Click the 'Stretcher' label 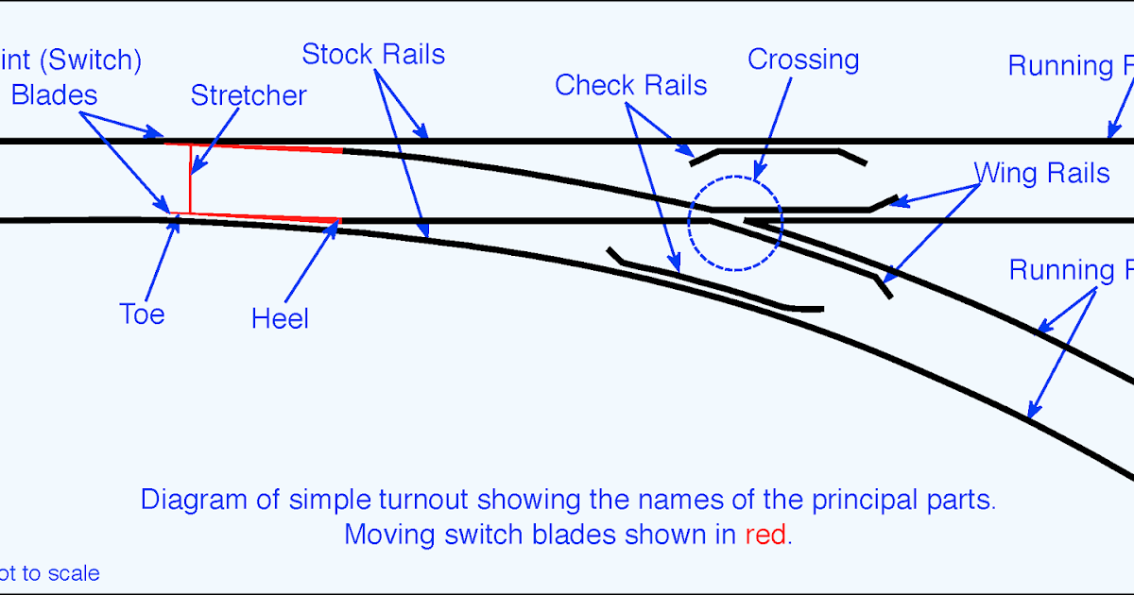click(249, 95)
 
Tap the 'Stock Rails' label click(373, 54)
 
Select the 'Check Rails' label click(630, 85)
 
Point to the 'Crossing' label click(803, 59)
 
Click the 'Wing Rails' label click(1041, 173)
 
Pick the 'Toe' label click(142, 314)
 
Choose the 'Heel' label click(280, 318)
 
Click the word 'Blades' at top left click(54, 95)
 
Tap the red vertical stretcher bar click(190, 179)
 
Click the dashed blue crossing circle click(735, 178)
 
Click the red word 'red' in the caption click(765, 535)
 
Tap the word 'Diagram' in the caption click(194, 499)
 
